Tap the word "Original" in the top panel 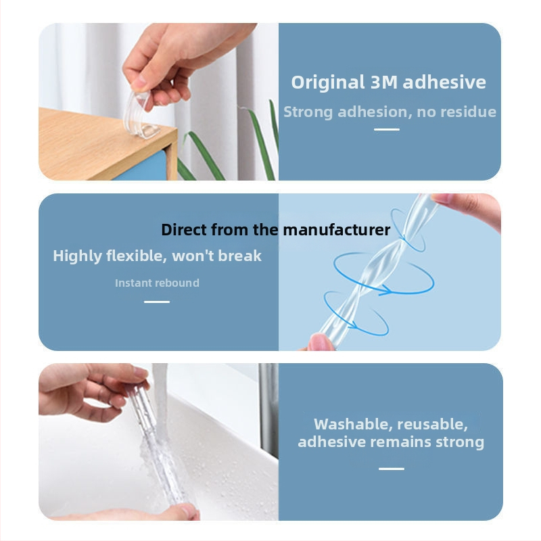click(328, 82)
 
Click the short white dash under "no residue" click(387, 129)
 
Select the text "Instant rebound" click(157, 283)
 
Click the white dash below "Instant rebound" click(157, 302)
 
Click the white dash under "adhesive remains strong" click(392, 469)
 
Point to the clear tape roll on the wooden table click(141, 114)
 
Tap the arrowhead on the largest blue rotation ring click(385, 291)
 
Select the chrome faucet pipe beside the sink click(269, 410)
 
